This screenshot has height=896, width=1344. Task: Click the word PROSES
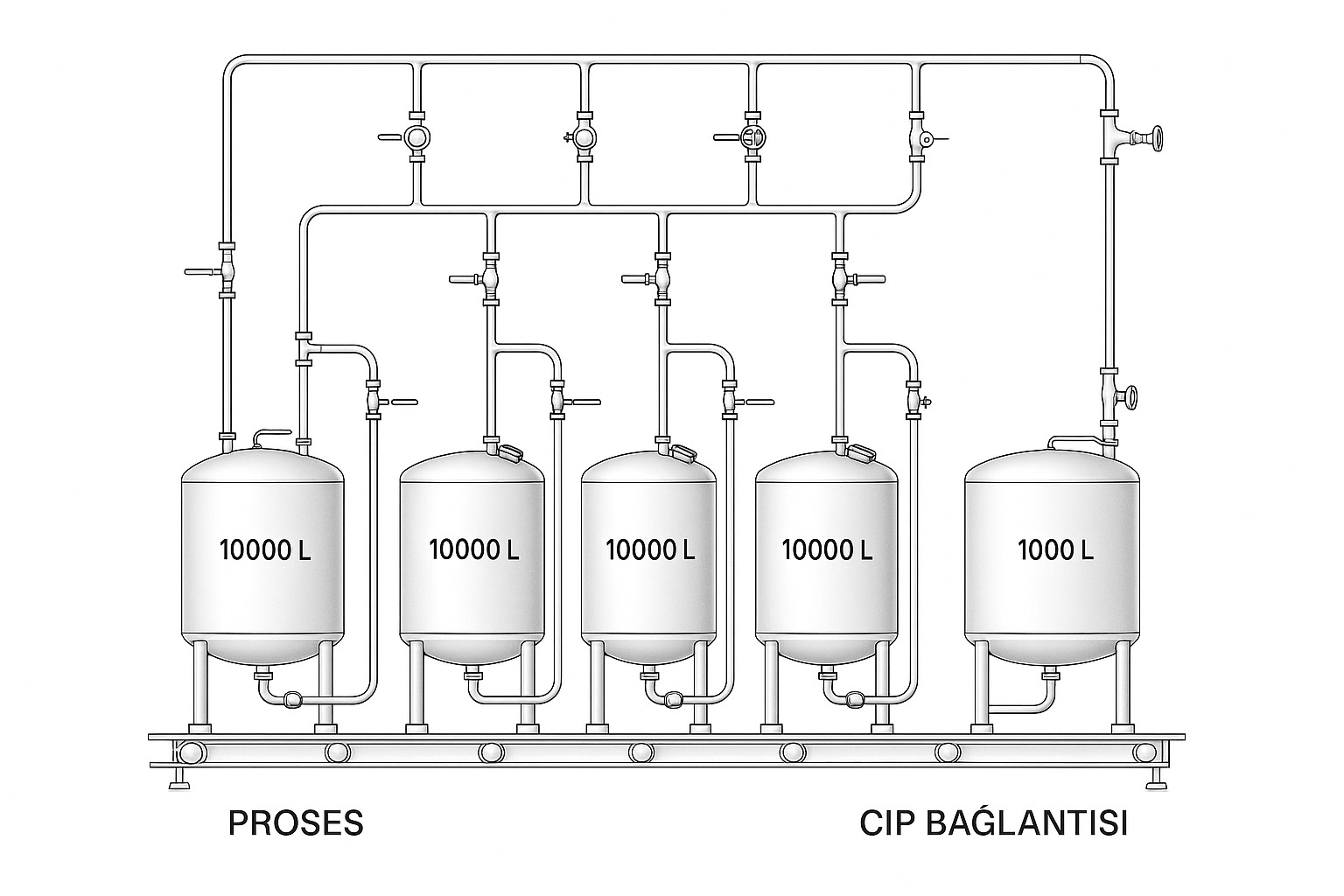point(295,823)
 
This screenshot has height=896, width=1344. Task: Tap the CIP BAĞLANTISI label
point(993,823)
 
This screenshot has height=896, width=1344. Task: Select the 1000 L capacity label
point(1055,550)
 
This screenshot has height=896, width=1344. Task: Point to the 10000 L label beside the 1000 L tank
point(826,550)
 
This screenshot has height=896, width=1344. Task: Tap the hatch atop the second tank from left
point(509,452)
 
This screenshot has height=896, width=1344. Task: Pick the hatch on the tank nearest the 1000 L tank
point(862,452)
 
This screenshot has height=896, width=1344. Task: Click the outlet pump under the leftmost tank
point(291,698)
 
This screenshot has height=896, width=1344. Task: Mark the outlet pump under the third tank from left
point(674,698)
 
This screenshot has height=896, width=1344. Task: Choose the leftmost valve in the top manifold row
point(416,136)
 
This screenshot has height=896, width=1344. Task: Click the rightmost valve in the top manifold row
point(917,138)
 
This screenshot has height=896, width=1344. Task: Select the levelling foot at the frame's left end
point(179,779)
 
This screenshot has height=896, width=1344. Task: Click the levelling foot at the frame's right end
point(1157,777)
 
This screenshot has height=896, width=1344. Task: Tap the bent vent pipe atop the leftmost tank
point(270,434)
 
